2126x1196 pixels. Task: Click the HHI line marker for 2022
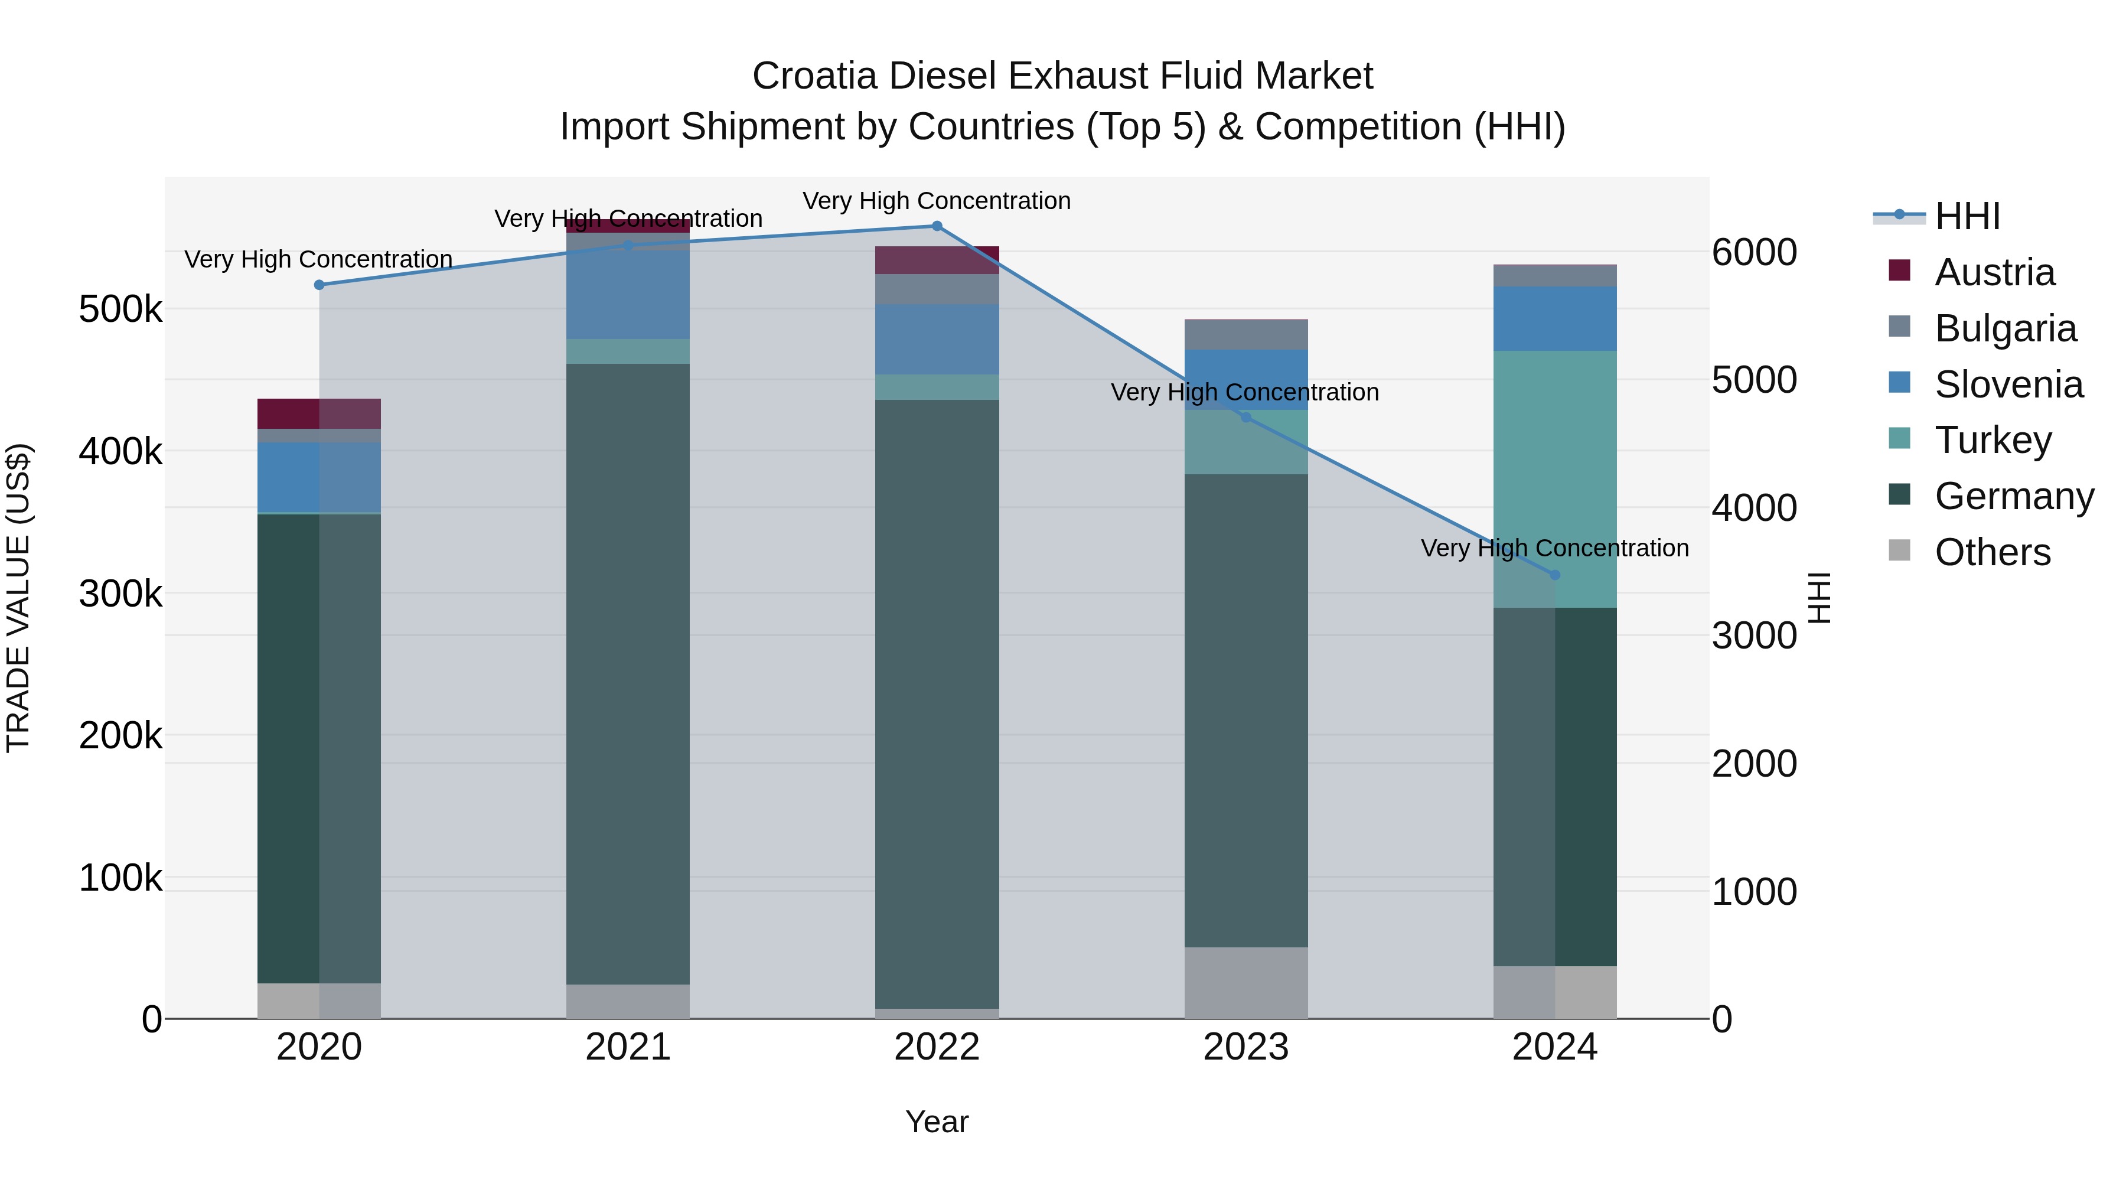point(937,226)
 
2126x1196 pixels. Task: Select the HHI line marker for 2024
point(1555,575)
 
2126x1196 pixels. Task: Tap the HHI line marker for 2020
point(319,285)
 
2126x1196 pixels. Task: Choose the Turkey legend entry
point(1993,440)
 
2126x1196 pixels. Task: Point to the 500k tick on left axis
point(120,310)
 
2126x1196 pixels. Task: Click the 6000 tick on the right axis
point(1754,253)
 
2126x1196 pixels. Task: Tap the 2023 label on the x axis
point(1245,1047)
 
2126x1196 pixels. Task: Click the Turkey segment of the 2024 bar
point(1555,479)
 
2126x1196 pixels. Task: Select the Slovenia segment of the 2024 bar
point(1555,318)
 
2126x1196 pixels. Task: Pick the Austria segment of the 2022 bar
point(937,260)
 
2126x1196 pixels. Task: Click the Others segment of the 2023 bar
point(1245,982)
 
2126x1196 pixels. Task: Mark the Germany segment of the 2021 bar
point(627,673)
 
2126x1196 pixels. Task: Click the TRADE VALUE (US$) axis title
point(18,598)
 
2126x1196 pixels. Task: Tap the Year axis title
point(937,1122)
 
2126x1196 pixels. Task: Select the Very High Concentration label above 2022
point(937,201)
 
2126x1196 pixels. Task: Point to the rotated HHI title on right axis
point(1819,598)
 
